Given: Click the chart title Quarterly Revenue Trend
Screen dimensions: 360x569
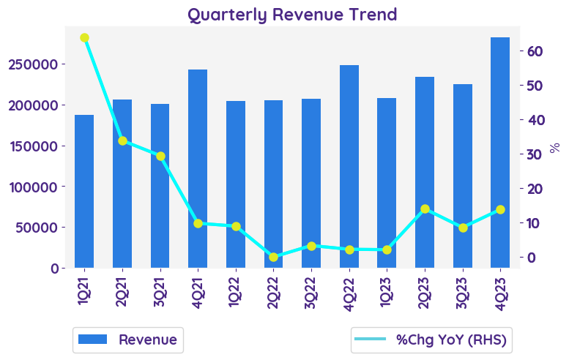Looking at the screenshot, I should click(x=292, y=14).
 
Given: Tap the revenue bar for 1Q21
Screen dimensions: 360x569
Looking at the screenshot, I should click(x=84, y=191).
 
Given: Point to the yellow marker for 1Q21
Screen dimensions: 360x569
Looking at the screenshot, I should click(x=84, y=38).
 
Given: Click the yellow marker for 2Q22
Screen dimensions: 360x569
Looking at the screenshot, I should click(x=273, y=257).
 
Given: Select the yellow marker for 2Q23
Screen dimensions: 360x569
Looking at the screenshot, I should click(x=425, y=209).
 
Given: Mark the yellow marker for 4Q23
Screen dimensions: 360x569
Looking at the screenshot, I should click(x=500, y=209).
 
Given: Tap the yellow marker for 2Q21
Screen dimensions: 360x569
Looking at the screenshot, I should click(x=122, y=140).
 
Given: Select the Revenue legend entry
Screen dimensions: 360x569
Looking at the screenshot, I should click(x=128, y=340).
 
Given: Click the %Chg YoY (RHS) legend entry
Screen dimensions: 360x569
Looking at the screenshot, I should click(x=430, y=340).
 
